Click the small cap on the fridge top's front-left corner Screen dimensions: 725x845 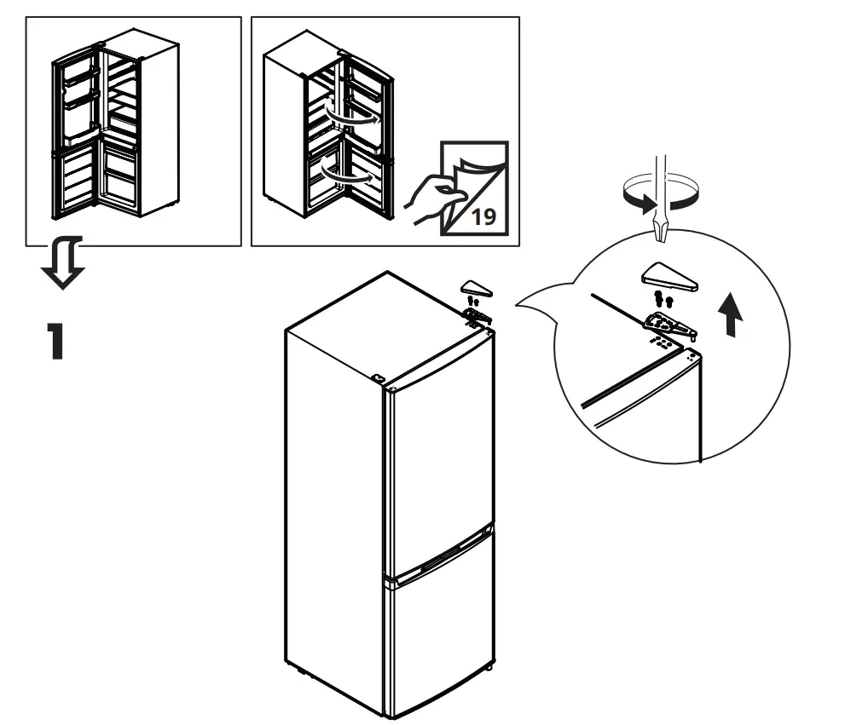(x=378, y=377)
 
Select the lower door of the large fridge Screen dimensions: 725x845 (x=439, y=639)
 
